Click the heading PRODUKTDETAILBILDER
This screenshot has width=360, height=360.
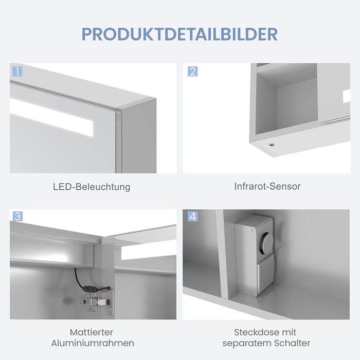tap(180, 34)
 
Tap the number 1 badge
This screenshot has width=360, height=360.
tap(17, 71)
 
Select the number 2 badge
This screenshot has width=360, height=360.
tap(193, 71)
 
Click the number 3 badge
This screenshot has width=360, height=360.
tap(17, 217)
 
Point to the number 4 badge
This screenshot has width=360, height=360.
tap(193, 217)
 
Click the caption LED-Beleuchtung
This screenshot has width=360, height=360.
tap(92, 187)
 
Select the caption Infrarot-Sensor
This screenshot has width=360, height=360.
tap(267, 186)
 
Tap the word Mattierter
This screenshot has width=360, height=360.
tap(92, 332)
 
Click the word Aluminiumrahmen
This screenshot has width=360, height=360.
tap(93, 343)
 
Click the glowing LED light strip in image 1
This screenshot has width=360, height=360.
tap(51, 117)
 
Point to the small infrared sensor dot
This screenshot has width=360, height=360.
tap(272, 145)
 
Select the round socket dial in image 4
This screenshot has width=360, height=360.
tap(266, 242)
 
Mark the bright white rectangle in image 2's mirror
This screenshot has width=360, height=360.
tap(347, 96)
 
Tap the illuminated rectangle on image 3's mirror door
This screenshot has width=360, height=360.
tap(149, 251)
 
